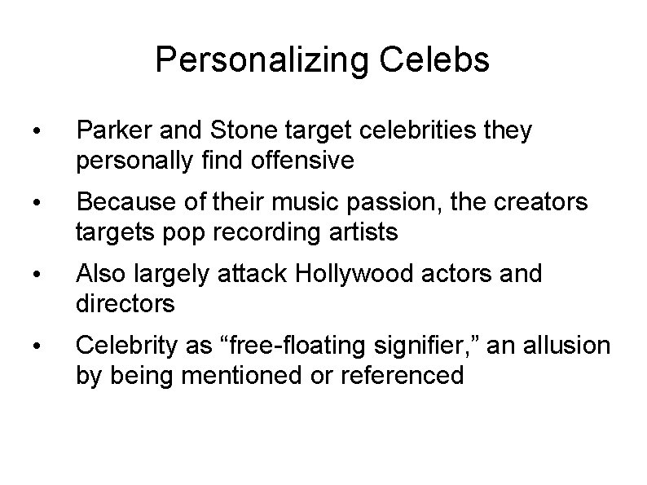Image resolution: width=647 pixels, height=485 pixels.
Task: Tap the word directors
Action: tap(125, 304)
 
